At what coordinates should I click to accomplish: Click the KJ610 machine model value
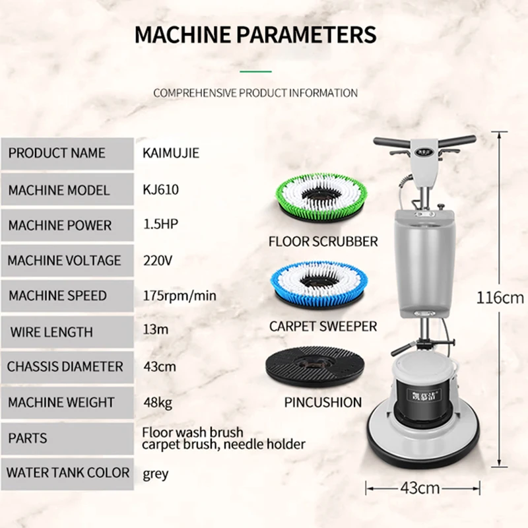pyautogui.click(x=160, y=189)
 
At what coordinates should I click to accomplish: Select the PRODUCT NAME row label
pyautogui.click(x=57, y=153)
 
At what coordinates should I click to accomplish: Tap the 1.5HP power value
pyautogui.click(x=160, y=224)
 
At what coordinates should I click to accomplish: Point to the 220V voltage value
pyautogui.click(x=158, y=260)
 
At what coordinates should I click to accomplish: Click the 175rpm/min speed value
pyautogui.click(x=180, y=296)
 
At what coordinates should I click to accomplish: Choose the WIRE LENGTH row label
pyautogui.click(x=51, y=332)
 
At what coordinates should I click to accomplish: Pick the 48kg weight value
pyautogui.click(x=158, y=403)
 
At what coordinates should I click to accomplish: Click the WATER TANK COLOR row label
pyautogui.click(x=68, y=473)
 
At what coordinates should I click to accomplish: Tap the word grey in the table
pyautogui.click(x=156, y=474)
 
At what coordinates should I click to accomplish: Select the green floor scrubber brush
pyautogui.click(x=321, y=197)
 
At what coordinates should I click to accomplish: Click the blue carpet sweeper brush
pyautogui.click(x=319, y=284)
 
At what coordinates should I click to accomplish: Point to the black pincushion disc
pyautogui.click(x=315, y=367)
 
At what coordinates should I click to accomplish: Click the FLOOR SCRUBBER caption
pyautogui.click(x=323, y=242)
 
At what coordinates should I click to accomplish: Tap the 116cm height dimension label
pyautogui.click(x=500, y=298)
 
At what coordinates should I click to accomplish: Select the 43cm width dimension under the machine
pyautogui.click(x=420, y=488)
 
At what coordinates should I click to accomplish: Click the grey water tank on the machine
pyautogui.click(x=425, y=263)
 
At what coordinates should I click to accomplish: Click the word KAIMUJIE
pyautogui.click(x=171, y=153)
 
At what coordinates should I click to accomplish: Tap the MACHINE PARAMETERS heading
pyautogui.click(x=255, y=34)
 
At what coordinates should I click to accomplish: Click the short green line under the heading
pyautogui.click(x=255, y=71)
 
